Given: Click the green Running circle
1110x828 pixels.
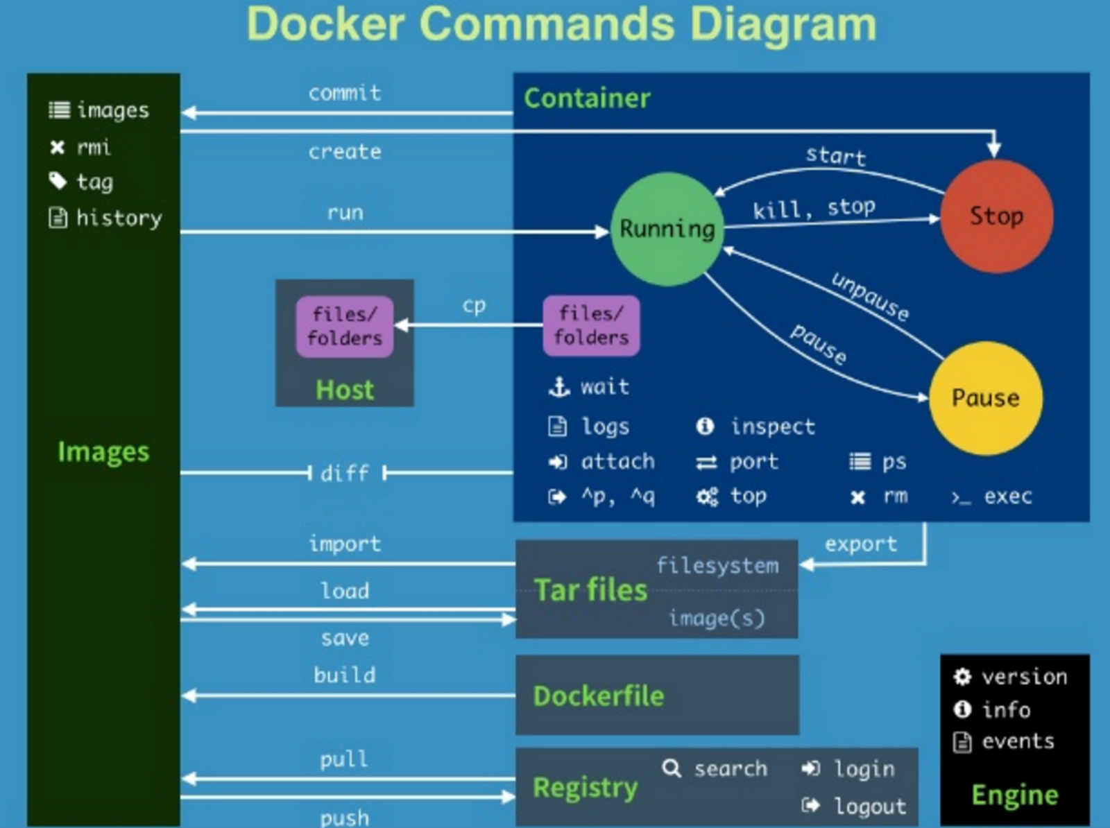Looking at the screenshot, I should (x=667, y=229).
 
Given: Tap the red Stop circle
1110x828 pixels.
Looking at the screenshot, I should (x=996, y=216).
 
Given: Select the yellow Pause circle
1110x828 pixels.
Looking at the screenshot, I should (x=985, y=398).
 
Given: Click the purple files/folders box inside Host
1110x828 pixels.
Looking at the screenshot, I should (x=345, y=326).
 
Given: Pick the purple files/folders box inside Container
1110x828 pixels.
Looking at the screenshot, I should (x=591, y=325).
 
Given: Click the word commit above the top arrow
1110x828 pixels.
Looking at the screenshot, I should (x=345, y=93).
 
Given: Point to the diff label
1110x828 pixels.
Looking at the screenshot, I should (x=345, y=473).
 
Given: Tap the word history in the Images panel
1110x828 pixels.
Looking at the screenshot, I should (x=119, y=218).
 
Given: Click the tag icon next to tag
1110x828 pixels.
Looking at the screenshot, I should (x=58, y=181).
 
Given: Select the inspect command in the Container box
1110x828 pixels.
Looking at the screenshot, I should (x=772, y=426).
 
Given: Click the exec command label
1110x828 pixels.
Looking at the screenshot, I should (x=1007, y=497).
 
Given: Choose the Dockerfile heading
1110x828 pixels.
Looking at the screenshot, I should (x=598, y=696).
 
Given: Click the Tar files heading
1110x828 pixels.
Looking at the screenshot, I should (x=590, y=590).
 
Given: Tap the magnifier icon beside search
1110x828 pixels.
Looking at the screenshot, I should (x=671, y=768).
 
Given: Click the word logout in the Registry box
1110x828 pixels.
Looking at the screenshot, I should (x=870, y=807).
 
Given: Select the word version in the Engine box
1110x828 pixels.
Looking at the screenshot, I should (x=1024, y=677).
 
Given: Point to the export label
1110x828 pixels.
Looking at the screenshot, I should (x=860, y=544).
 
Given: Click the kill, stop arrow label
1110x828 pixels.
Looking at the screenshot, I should (x=814, y=208).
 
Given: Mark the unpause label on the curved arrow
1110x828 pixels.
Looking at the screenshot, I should (x=870, y=297).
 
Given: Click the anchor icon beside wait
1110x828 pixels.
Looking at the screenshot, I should (x=559, y=386).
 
